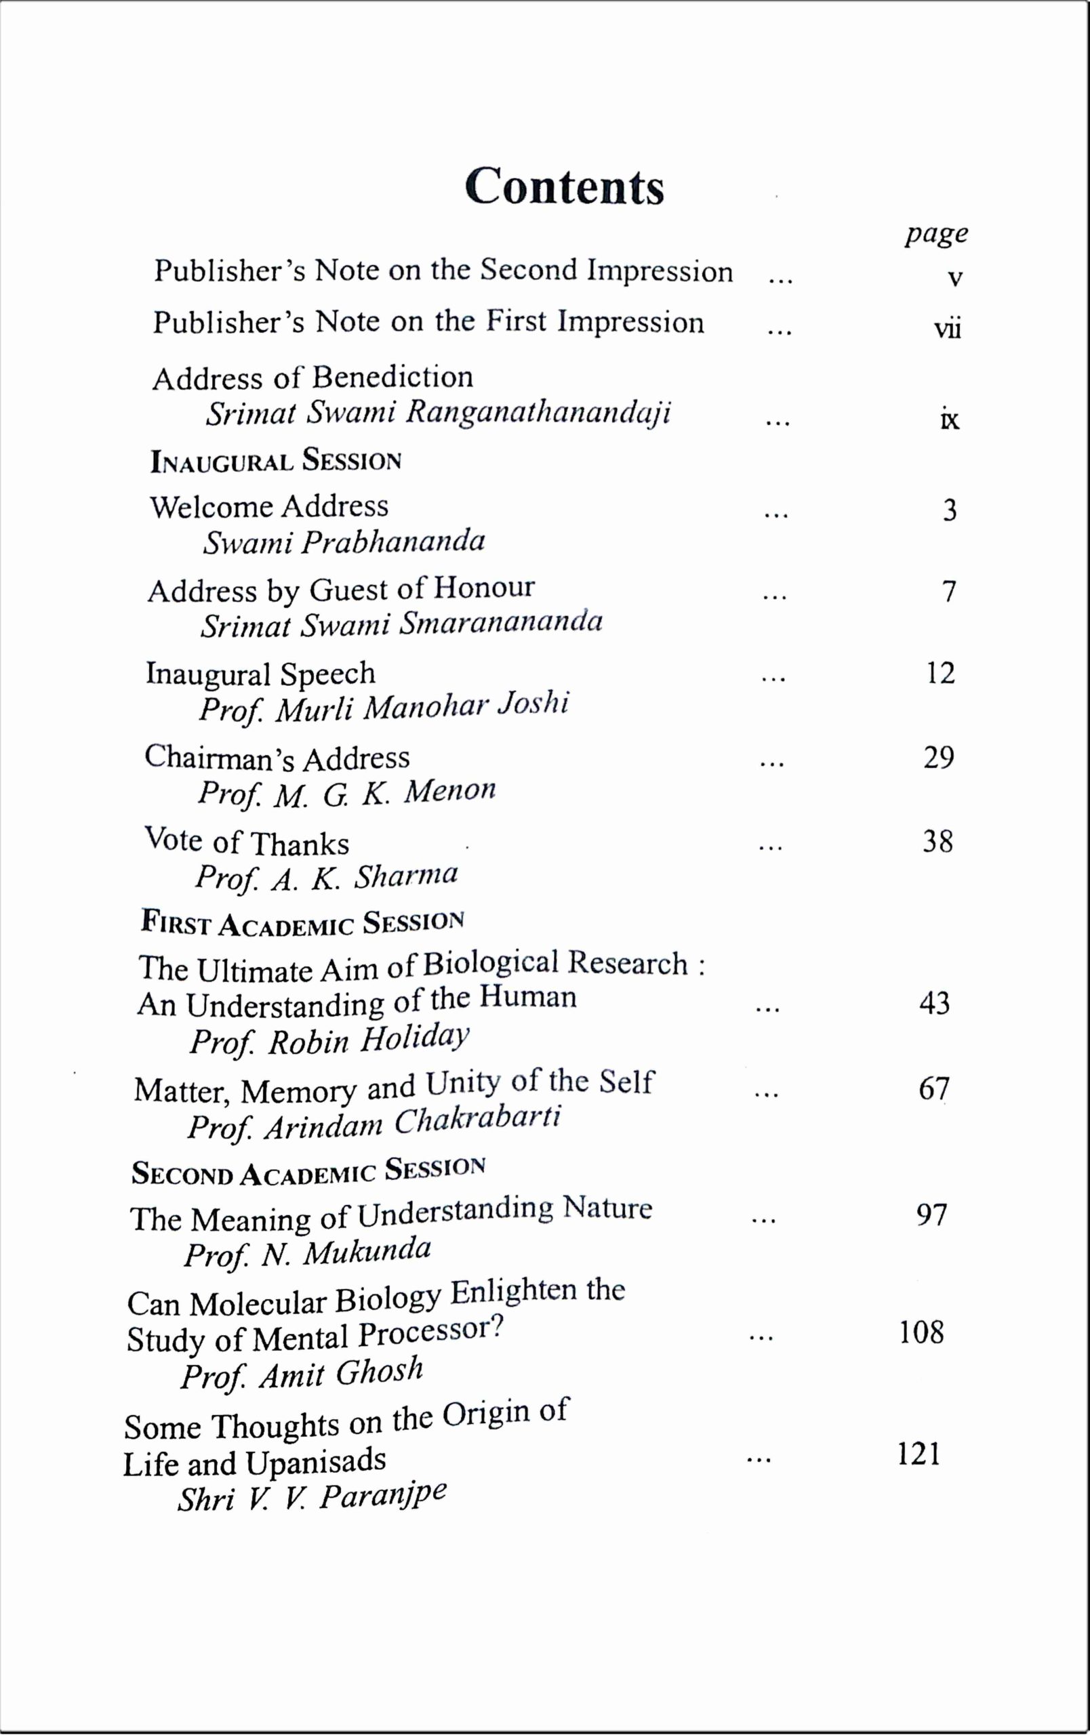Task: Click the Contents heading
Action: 564,186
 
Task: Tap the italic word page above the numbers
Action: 936,234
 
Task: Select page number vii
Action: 948,329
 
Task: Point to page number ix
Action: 950,420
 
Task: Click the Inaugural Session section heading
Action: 275,460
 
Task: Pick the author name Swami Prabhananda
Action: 344,542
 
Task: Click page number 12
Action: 940,673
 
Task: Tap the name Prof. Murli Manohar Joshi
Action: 384,706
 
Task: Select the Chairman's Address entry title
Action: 277,757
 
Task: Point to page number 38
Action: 937,841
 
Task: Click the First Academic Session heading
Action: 302,924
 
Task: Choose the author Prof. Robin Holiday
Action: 329,1040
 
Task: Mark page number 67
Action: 933,1088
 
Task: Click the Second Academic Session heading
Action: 308,1171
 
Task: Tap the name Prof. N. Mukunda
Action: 308,1253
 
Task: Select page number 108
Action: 921,1333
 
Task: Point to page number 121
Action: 919,1454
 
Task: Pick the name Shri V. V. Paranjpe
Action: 312,1496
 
